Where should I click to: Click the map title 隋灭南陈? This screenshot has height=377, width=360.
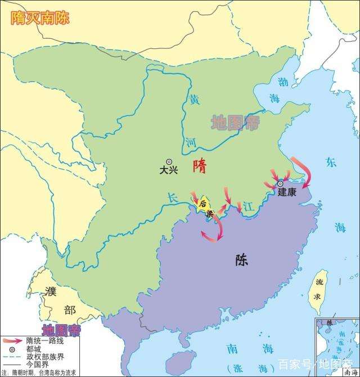click(41, 16)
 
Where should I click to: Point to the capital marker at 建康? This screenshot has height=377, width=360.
click(280, 183)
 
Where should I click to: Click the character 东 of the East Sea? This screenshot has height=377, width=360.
click(331, 163)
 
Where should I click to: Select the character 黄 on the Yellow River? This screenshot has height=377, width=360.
click(194, 100)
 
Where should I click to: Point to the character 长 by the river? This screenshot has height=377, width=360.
click(172, 197)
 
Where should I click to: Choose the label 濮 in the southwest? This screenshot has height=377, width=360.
click(52, 292)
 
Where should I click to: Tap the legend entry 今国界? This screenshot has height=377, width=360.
click(38, 364)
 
